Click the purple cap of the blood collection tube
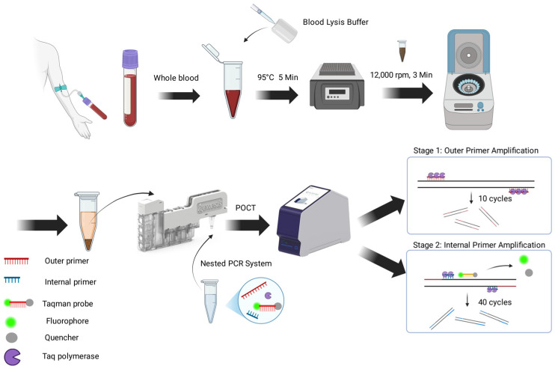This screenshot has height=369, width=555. [129, 59]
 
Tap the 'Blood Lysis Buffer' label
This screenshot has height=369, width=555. [336, 22]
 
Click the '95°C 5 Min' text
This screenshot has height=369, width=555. [277, 77]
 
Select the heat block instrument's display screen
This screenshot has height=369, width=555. [337, 92]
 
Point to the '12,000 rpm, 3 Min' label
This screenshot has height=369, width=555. [402, 75]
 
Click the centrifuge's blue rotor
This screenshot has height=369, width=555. [468, 86]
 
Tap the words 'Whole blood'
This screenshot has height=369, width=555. [176, 78]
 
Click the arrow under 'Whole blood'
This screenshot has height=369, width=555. [179, 96]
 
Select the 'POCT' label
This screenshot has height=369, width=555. [245, 208]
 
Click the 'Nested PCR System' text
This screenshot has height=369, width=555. [236, 263]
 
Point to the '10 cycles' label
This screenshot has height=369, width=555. [495, 198]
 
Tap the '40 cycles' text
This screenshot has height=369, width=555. [495, 302]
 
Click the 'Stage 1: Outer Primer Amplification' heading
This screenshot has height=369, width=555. [476, 150]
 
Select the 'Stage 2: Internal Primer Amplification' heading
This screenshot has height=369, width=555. [479, 245]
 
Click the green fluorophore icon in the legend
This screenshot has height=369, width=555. [10, 322]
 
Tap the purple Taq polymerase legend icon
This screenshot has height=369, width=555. [12, 357]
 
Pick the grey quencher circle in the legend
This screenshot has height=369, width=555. [12, 338]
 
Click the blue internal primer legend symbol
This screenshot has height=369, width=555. [12, 280]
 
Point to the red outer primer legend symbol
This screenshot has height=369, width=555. [16, 261]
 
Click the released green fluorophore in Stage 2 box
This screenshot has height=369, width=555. [524, 260]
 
